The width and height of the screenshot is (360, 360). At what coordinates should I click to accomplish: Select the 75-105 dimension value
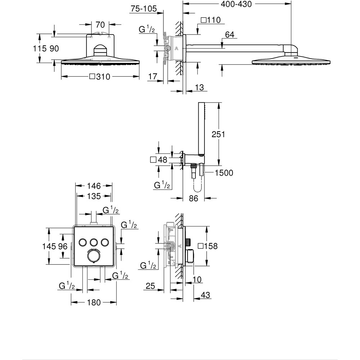(144, 9)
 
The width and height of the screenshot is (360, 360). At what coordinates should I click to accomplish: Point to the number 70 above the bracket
(100, 25)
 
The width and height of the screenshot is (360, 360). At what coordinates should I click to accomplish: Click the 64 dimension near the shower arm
(230, 35)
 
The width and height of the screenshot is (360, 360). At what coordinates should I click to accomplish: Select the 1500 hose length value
(224, 173)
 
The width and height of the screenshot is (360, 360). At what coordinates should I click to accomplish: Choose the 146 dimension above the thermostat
(94, 186)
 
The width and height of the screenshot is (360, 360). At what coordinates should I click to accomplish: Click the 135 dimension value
(94, 196)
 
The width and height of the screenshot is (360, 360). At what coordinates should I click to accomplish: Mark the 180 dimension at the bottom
(94, 303)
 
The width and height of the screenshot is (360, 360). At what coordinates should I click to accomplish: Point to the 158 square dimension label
(208, 246)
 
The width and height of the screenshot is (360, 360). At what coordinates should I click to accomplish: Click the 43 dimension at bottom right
(205, 295)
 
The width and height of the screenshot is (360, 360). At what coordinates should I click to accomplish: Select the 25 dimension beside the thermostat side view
(151, 286)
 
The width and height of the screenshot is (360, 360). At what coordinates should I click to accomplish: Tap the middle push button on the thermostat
(94, 242)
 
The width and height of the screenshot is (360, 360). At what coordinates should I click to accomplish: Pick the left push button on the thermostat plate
(83, 242)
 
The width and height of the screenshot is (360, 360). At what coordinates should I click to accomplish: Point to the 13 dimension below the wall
(199, 87)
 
